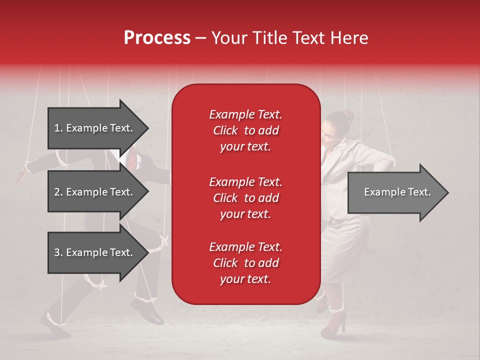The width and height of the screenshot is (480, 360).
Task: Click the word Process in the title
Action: [157, 38]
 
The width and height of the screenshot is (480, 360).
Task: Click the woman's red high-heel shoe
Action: [333, 325]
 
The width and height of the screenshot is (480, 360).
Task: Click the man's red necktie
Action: [131, 160]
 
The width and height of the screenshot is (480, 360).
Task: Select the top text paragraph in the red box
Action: [245, 130]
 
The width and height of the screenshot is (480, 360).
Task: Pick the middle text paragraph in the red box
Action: [245, 198]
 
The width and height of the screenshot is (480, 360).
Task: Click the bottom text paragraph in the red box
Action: [245, 263]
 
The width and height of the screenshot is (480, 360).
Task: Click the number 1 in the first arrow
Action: [57, 128]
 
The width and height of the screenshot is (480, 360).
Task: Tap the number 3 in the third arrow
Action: [57, 252]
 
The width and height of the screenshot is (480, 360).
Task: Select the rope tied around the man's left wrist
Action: [61, 159]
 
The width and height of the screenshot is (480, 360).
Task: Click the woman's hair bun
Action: [348, 115]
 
